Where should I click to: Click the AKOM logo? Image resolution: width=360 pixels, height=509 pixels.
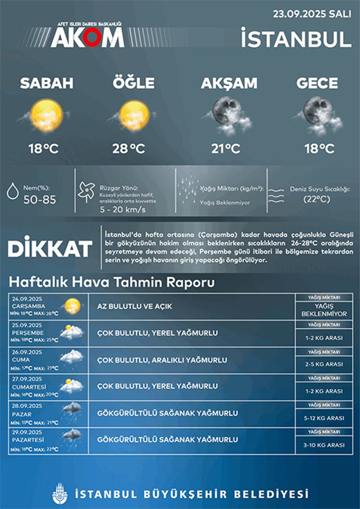87,36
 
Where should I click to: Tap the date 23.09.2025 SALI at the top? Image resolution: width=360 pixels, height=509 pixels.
312,14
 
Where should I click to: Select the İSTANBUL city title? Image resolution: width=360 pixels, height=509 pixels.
296,39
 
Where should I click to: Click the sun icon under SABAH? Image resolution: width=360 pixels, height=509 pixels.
46,115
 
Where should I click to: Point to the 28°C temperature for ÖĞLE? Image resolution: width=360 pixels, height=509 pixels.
129,149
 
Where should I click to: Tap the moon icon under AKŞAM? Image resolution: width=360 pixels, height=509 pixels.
228,112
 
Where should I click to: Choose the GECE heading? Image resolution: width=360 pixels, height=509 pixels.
317,83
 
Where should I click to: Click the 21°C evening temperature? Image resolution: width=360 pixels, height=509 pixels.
226,149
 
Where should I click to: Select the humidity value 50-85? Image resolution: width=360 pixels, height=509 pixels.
40,200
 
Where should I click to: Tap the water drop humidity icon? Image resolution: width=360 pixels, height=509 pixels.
13,191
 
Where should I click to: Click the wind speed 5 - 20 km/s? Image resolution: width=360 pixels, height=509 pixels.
122,210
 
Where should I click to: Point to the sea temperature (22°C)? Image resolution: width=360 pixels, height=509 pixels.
316,199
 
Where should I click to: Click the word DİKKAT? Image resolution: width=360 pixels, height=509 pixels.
50,249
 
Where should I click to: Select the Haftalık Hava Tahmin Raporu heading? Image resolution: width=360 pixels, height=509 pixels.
112,283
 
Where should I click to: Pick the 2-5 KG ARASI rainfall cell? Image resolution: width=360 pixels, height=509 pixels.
324,364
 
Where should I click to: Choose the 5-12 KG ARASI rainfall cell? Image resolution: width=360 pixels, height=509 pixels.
324,418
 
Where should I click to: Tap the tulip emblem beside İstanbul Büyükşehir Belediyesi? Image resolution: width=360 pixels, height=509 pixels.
60,494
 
